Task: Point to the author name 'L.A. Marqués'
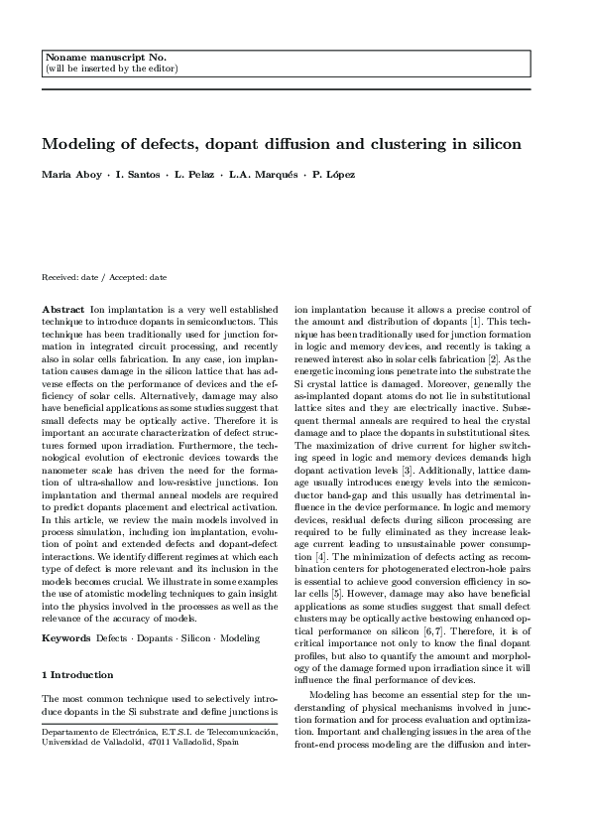260,175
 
